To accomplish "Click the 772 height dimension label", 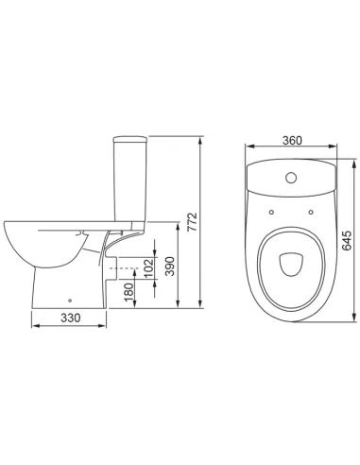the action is point(192,222).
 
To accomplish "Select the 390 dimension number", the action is point(170,267).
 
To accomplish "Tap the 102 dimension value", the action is point(149,267).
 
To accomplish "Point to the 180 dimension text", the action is point(129,292).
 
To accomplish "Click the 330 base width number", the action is point(71,318).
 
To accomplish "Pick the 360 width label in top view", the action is point(292,141).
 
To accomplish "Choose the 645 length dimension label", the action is point(347,240).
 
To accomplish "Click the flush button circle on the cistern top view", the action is point(291,178).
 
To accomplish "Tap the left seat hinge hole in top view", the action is point(272,212).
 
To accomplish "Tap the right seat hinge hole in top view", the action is point(311,212).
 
